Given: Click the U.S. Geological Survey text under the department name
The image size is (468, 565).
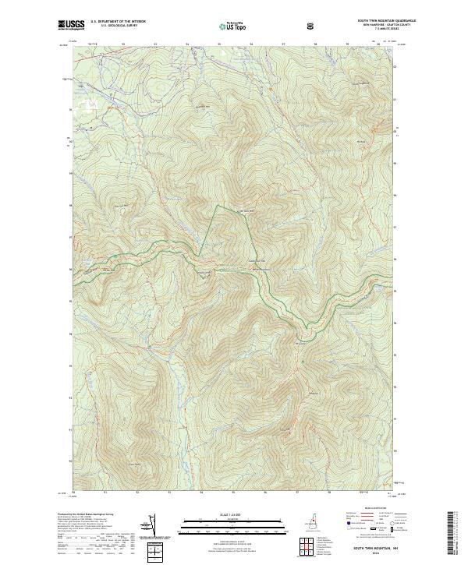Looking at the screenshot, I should point(112,27).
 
